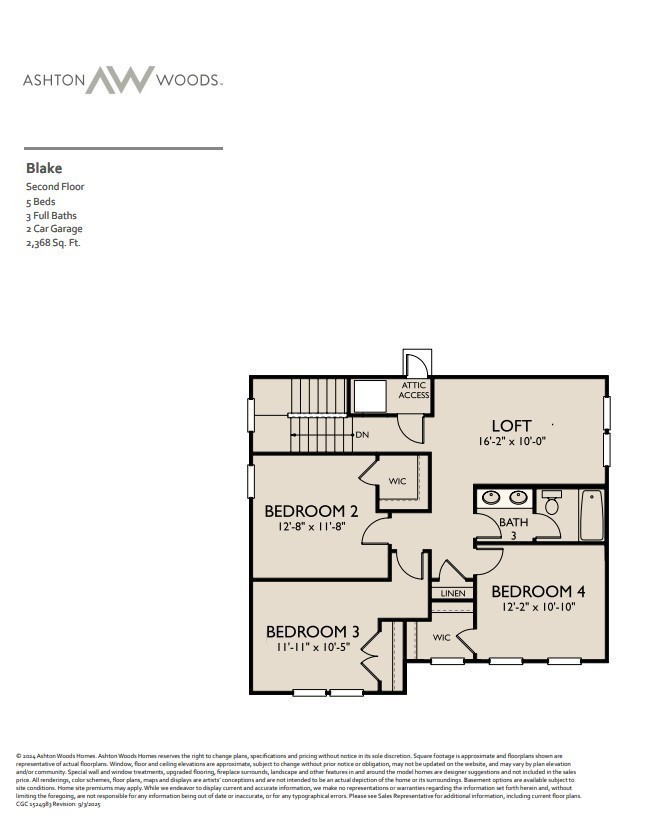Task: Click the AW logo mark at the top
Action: [119, 80]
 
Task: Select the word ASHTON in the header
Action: [52, 80]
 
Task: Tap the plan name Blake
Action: [43, 168]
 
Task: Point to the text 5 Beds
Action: [42, 201]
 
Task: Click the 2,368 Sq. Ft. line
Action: [53, 243]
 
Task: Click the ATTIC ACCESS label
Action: [415, 390]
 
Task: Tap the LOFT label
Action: [511, 425]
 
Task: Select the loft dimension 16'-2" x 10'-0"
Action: [511, 441]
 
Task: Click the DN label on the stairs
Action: [362, 435]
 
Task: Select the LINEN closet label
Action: [452, 594]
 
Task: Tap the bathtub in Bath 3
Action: [592, 515]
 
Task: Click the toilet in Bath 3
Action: [552, 503]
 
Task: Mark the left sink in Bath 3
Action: [491, 497]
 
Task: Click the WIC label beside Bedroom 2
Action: [397, 482]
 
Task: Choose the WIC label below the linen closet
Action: [442, 637]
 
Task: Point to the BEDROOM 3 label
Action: [312, 631]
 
